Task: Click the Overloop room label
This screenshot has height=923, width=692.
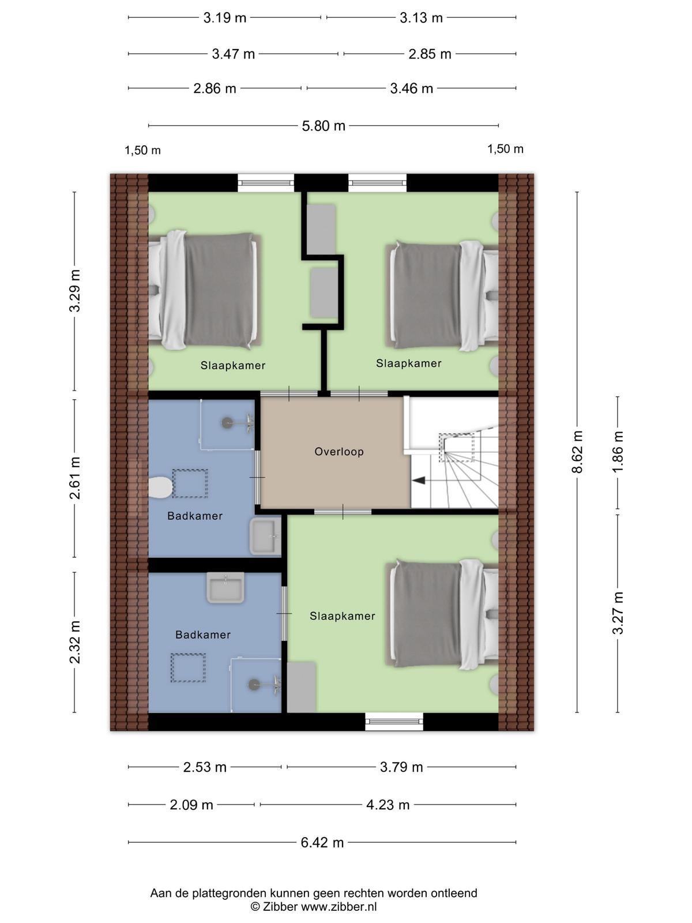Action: tap(339, 452)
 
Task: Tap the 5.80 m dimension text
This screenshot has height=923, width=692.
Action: tap(324, 126)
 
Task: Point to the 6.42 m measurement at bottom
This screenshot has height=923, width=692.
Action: tap(322, 842)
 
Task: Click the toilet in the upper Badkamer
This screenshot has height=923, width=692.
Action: tap(160, 487)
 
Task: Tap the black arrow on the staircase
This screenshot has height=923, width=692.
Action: tap(419, 480)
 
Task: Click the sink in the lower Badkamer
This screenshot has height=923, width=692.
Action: tap(225, 587)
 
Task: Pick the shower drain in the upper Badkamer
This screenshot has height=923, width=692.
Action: tap(227, 423)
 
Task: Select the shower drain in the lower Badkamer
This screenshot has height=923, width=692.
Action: tap(254, 685)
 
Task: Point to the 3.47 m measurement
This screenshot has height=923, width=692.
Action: tap(233, 54)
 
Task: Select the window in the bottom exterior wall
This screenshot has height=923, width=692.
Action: tap(394, 722)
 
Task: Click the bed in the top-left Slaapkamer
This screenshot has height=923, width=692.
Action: tap(205, 290)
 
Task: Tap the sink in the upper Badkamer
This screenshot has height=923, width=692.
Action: tap(265, 536)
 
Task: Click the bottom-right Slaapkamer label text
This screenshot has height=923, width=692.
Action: tap(342, 616)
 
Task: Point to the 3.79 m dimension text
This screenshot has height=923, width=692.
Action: tap(401, 767)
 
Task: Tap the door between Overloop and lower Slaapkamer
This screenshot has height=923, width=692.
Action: tap(343, 512)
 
